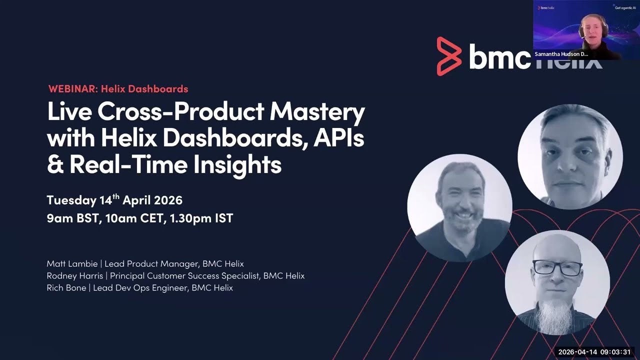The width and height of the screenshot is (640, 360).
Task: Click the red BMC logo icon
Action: [x=448, y=56]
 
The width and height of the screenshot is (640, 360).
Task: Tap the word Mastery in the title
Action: [x=317, y=112]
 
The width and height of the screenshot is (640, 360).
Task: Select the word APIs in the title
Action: [x=338, y=138]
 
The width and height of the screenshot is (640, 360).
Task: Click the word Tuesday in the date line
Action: [x=71, y=200]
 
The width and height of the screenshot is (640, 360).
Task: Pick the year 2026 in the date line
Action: [x=168, y=200]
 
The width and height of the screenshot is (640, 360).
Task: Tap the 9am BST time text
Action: [x=71, y=218]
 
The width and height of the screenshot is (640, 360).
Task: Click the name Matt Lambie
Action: [x=72, y=263]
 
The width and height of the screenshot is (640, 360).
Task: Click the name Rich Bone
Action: [x=66, y=288]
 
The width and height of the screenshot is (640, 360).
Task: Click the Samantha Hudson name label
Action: [x=561, y=54]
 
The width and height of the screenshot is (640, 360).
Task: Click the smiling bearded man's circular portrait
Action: [x=459, y=207]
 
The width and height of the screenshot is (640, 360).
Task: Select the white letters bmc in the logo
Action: [x=499, y=56]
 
